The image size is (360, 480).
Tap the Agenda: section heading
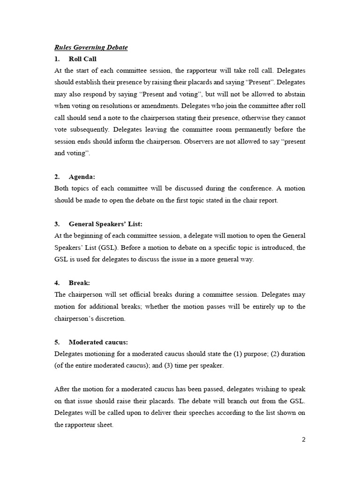tap(82, 177)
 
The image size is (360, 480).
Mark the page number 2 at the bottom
tap(303, 439)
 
